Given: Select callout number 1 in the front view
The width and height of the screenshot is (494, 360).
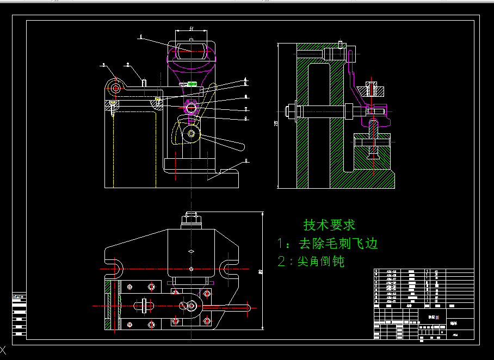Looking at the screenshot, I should pos(140,38).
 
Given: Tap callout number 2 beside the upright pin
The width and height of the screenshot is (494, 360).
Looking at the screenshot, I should pos(128,65).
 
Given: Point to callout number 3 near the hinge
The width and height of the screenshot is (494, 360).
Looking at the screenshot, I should pos(102,65).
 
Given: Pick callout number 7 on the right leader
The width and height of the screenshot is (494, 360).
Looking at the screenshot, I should pos(246,109).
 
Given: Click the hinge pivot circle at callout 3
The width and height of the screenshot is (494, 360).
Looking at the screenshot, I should pos(115,87).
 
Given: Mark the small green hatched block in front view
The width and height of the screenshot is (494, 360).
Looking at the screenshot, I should pos(192,84).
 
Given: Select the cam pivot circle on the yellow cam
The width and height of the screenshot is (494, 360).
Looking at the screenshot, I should pos(192,134).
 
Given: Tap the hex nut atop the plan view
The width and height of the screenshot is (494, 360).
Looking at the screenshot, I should pos(192,219).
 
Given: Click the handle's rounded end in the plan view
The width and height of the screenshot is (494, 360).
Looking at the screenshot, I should pos(248,307).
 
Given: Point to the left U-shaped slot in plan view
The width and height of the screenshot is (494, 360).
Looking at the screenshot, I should pos(116,269).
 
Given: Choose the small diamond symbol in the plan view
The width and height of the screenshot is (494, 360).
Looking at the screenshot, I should pos(192,251).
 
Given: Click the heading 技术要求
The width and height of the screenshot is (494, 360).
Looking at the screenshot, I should pos(329,224).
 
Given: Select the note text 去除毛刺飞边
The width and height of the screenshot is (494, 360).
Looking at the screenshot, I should pos(337,243).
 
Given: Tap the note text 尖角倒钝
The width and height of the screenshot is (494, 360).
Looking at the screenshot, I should pos(320,262).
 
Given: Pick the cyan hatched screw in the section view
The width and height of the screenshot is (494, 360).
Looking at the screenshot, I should pos(373,89).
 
